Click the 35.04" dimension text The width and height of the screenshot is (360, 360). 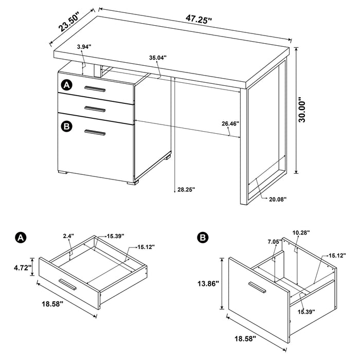click(157, 58)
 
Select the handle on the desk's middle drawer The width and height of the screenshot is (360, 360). click(95, 108)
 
